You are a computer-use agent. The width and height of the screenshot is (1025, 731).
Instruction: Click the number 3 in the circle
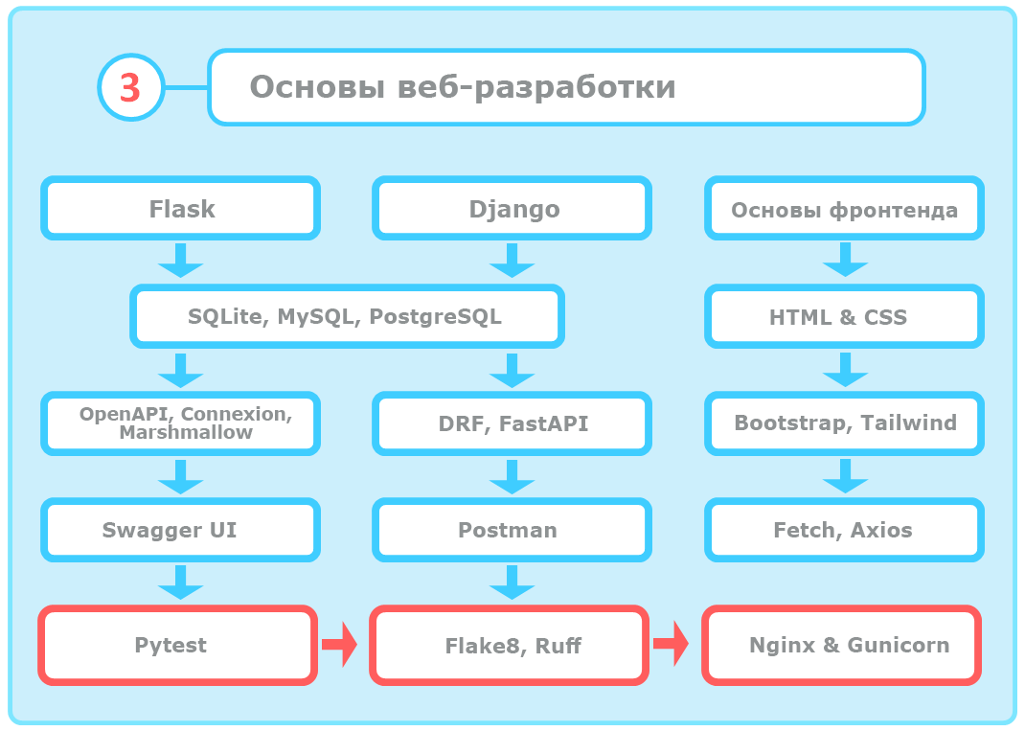(130, 87)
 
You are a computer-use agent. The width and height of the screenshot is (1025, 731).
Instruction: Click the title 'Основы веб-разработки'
(463, 87)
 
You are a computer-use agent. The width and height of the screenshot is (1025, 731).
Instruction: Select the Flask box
(181, 208)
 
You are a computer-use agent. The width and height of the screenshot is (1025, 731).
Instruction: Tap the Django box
(513, 208)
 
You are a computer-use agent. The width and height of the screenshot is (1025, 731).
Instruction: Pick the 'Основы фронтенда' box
(844, 210)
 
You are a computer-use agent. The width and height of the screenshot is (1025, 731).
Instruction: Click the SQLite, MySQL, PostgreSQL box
(346, 317)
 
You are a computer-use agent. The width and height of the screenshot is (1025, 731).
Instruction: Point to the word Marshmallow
(186, 433)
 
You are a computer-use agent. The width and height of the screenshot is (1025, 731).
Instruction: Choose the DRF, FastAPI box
(513, 423)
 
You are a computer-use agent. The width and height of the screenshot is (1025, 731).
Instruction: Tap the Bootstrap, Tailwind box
(844, 423)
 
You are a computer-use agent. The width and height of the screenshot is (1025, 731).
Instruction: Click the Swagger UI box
(181, 530)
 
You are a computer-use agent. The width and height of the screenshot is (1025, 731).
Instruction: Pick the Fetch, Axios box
(844, 530)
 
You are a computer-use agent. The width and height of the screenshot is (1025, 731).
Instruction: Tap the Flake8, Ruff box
(513, 646)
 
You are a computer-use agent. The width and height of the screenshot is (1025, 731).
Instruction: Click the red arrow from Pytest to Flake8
(339, 644)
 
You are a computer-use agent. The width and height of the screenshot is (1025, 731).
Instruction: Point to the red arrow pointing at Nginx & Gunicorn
(672, 644)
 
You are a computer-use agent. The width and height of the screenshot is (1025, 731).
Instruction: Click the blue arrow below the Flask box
(180, 260)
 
